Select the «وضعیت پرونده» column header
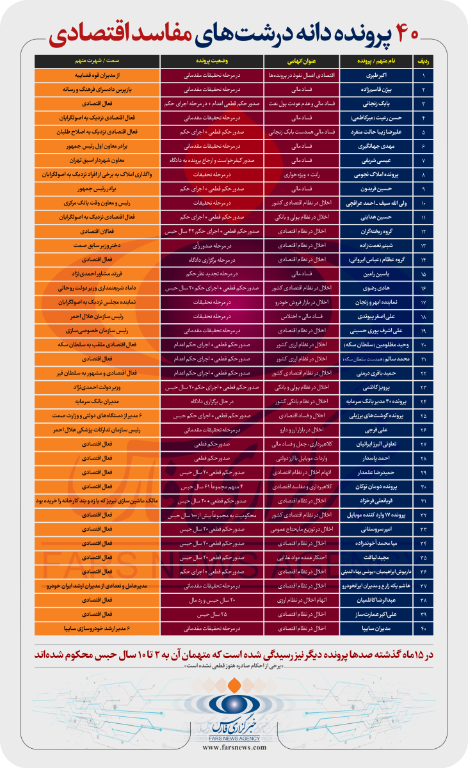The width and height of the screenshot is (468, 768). coord(213,61)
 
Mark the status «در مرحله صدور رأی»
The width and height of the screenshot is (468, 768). coord(213,246)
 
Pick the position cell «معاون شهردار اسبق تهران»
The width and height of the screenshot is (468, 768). coord(98,160)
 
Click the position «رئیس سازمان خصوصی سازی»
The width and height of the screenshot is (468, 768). coord(98,332)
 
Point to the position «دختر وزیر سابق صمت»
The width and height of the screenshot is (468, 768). coord(98,246)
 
